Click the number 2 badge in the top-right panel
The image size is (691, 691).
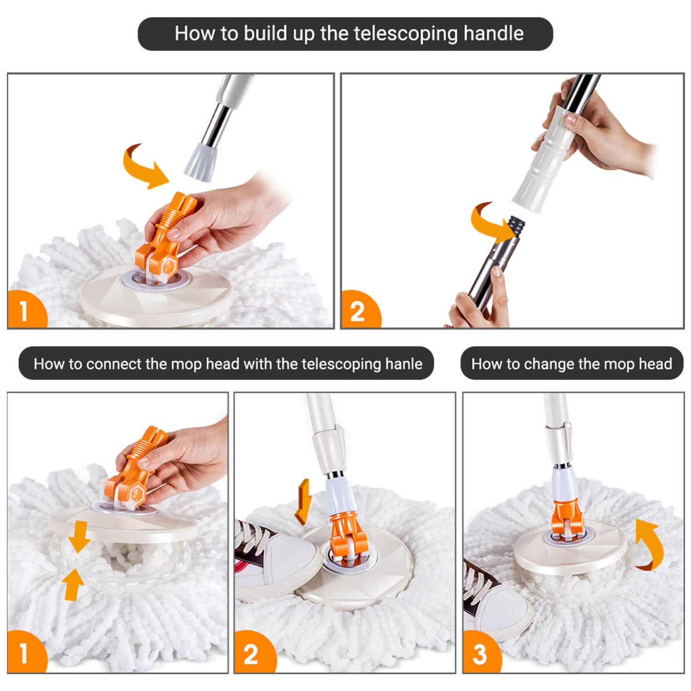tap(361, 309)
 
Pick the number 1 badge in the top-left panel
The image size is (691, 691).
tap(27, 309)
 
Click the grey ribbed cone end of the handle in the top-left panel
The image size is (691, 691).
tap(200, 162)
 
